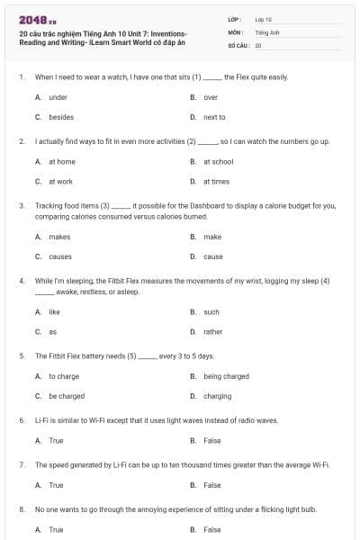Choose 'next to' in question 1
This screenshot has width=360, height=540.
tap(214, 117)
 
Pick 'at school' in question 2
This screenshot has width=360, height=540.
tap(218, 162)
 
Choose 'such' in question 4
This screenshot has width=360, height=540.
tap(211, 312)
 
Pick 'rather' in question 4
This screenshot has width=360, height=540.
tap(212, 332)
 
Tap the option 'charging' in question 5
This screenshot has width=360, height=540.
tap(217, 396)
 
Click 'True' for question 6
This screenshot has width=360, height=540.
tap(56, 441)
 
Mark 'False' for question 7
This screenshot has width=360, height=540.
tap(211, 485)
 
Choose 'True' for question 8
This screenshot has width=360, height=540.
tap(56, 530)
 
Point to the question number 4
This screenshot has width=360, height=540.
tap(21, 281)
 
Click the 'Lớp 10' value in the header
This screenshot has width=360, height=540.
tap(264, 19)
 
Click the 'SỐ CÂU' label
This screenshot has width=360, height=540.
tap(238, 44)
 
